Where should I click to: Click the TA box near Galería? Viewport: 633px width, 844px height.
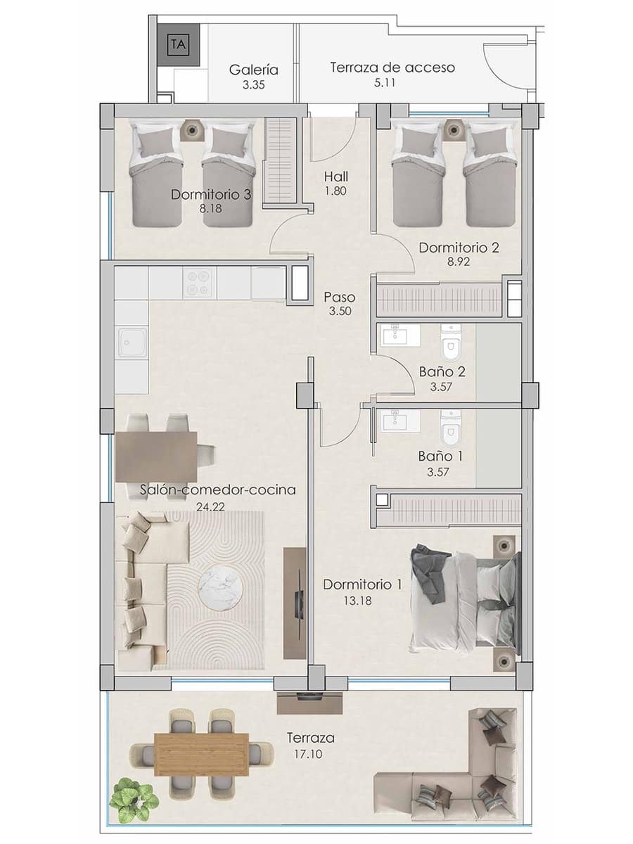[179, 44]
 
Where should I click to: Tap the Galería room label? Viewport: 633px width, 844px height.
[254, 70]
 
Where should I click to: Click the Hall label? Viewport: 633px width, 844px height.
[336, 177]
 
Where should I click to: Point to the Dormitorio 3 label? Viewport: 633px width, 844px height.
[211, 194]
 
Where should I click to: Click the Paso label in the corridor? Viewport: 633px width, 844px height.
[340, 297]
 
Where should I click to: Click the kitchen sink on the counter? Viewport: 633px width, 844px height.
[132, 343]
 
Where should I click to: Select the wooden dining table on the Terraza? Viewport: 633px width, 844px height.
[201, 753]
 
